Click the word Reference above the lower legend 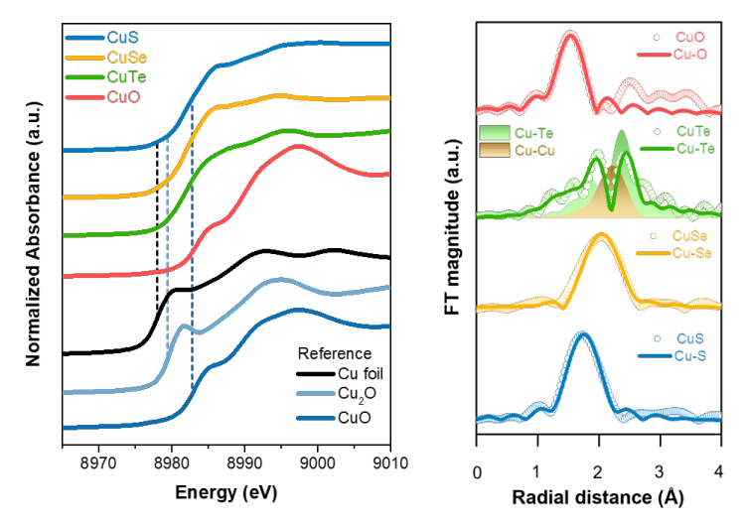click(x=335, y=352)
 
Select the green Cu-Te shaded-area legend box click(x=495, y=132)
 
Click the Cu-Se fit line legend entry click(x=686, y=252)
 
